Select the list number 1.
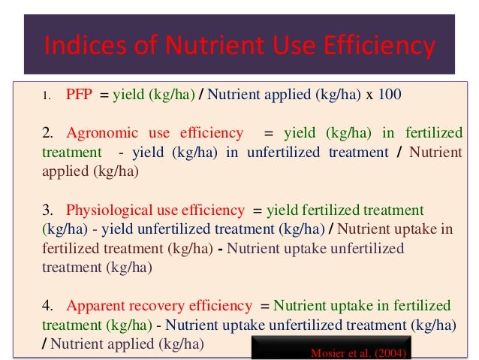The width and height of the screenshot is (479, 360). (47, 95)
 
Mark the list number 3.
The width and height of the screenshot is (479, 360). (47, 210)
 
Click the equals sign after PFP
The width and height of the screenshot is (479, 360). (106, 95)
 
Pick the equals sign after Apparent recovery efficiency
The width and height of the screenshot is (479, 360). (264, 307)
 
